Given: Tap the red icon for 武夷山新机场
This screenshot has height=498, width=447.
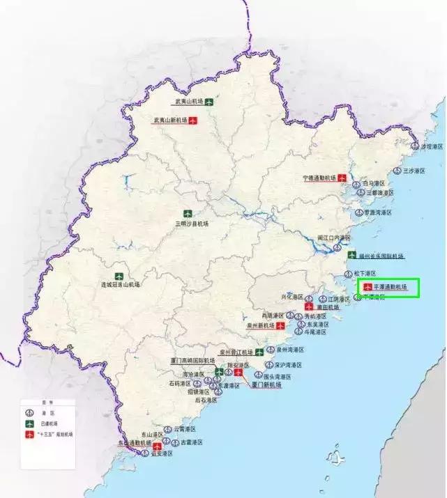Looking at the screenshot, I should pyautogui.click(x=193, y=120).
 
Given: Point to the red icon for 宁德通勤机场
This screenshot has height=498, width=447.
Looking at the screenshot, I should pyautogui.click(x=342, y=178).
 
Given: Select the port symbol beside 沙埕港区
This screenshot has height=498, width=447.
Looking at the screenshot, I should pyautogui.click(x=415, y=147).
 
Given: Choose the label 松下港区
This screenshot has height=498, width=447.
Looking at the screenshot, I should pyautogui.click(x=365, y=274).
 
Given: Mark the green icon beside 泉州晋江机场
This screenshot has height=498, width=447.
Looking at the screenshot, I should pyautogui.click(x=259, y=351).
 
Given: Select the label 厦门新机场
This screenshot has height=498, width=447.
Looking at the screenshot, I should pyautogui.click(x=266, y=384).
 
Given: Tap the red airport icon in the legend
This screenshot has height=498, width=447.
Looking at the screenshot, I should pyautogui.click(x=29, y=433).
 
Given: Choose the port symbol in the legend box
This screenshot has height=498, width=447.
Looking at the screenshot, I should pyautogui.click(x=29, y=413).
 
